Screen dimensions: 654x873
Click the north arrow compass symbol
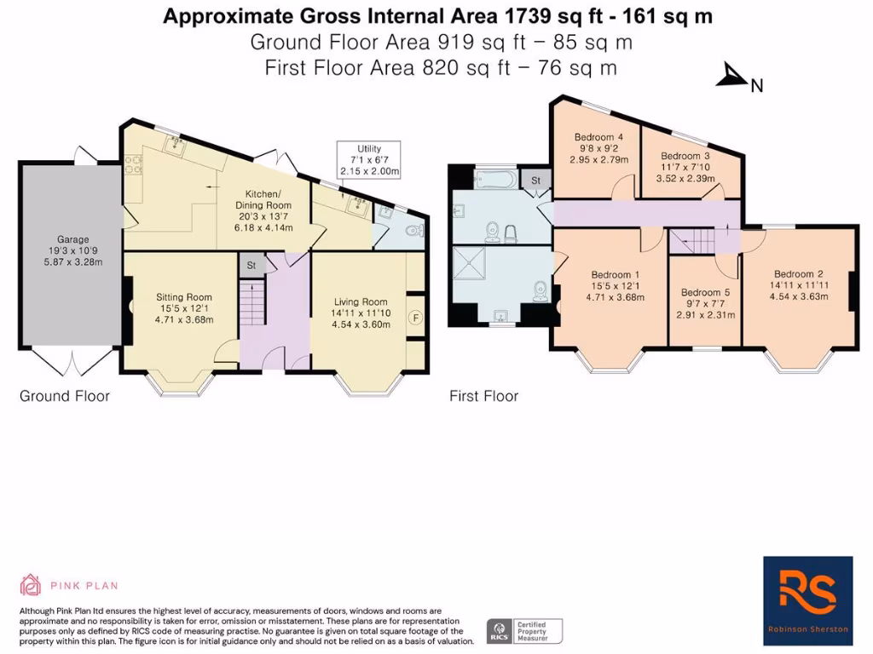(x=732, y=77)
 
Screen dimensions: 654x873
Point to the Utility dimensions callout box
(x=368, y=159)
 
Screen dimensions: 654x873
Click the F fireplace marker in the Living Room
(x=415, y=316)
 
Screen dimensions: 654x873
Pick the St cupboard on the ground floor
(x=251, y=265)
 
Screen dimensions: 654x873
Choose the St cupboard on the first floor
(x=536, y=181)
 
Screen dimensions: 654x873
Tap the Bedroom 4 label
(x=599, y=137)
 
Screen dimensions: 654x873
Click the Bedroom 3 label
(x=685, y=156)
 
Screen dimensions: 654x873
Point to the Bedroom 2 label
(x=796, y=273)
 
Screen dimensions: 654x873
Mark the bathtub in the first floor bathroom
(x=483, y=180)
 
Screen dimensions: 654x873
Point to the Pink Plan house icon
(x=31, y=585)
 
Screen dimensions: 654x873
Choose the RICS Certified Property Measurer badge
(x=524, y=631)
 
